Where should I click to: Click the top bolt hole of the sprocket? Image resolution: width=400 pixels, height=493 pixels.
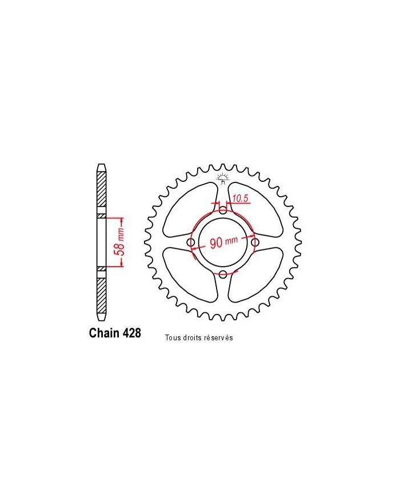pos(223,212)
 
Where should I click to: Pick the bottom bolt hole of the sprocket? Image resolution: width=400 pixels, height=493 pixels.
pos(223,275)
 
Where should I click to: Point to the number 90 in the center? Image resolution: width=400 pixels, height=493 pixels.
pos(217,242)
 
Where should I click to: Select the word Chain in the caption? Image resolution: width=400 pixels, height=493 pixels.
pos(105,333)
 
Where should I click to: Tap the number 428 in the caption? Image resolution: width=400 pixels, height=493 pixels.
pos(131,333)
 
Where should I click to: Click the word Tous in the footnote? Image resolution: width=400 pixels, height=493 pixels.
pos(172,338)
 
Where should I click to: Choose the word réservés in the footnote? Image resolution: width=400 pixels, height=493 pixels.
pos(218,338)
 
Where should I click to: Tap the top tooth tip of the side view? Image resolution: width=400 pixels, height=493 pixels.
pos(101,166)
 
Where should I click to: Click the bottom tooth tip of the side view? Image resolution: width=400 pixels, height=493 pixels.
pos(101,317)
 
